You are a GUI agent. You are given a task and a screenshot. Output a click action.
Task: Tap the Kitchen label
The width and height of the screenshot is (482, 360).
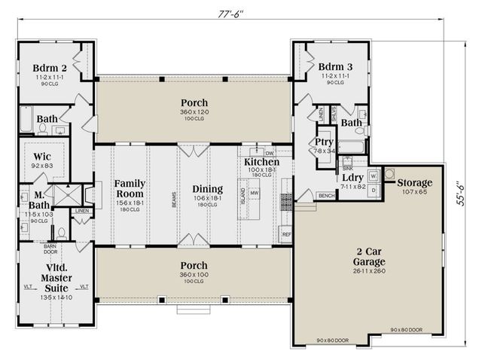[x=261, y=162]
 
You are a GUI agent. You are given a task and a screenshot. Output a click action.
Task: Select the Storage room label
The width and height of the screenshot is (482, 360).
[x=415, y=182]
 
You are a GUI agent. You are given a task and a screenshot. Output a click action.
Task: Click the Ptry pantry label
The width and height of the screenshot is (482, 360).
[x=324, y=142]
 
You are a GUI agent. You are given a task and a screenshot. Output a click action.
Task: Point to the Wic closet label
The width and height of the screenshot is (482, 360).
[x=42, y=157]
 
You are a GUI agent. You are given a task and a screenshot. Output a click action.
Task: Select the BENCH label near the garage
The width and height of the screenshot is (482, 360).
[x=326, y=196]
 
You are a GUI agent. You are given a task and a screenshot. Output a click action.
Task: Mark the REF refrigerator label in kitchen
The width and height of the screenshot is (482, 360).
[x=286, y=234]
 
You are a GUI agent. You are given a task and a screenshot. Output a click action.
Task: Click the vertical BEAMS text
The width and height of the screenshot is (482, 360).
[x=174, y=198]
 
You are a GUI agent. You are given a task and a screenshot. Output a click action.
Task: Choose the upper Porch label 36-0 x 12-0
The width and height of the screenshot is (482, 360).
[x=194, y=102]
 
